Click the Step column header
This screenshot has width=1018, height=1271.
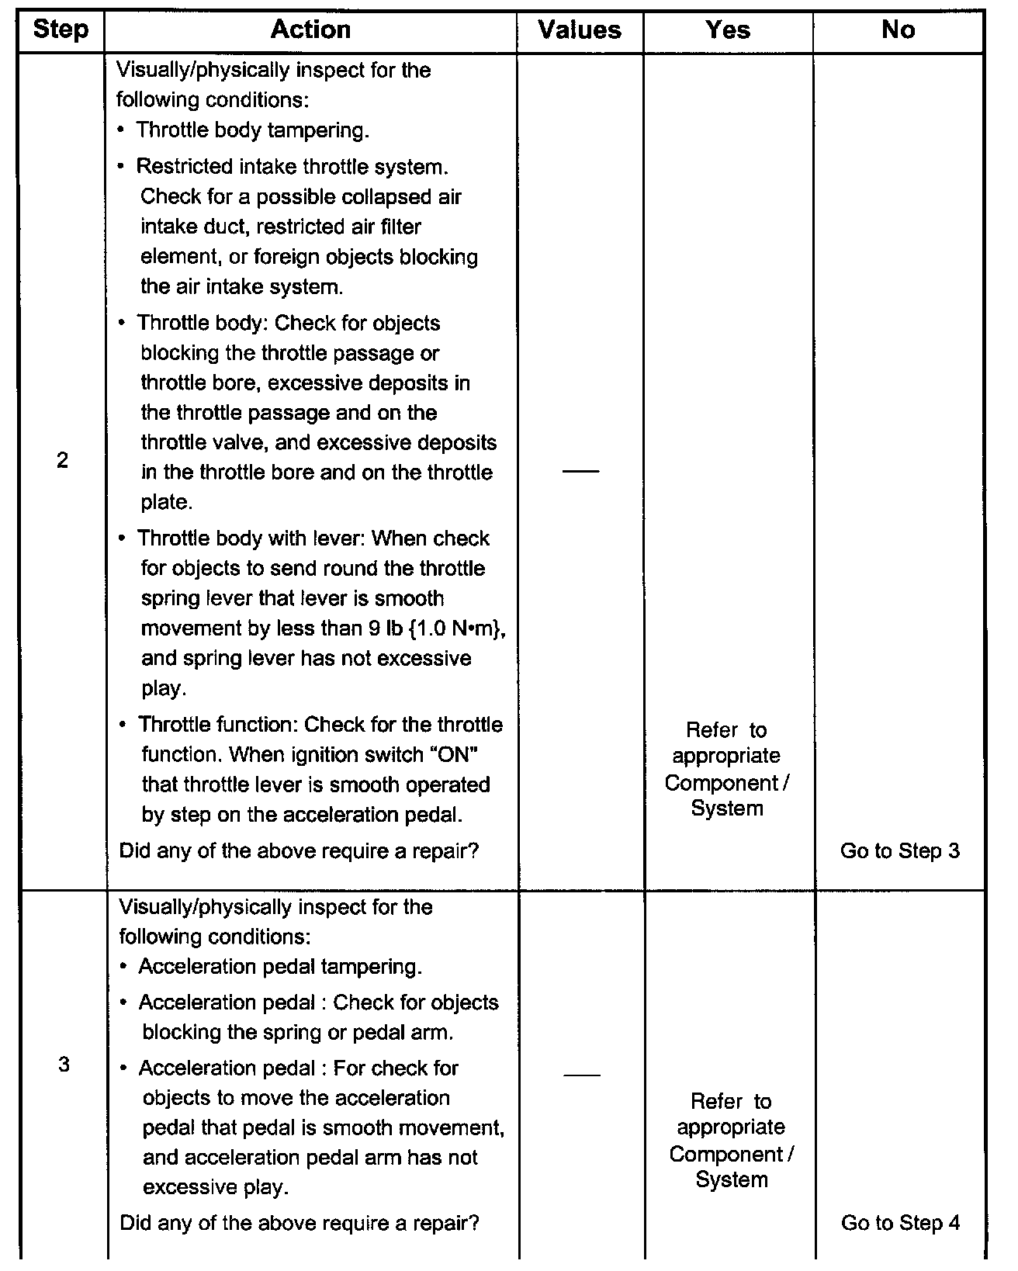click(61, 31)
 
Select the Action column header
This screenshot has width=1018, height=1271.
click(310, 30)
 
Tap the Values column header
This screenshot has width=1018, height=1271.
click(580, 30)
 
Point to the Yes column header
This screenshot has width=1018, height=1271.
click(728, 30)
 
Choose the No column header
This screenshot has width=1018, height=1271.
click(898, 30)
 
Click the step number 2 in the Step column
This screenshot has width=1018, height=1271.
click(62, 460)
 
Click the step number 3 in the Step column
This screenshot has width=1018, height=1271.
click(64, 1065)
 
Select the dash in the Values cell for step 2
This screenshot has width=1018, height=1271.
click(580, 472)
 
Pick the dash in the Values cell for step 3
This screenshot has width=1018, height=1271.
click(582, 1075)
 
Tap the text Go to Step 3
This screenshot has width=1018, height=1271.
click(900, 850)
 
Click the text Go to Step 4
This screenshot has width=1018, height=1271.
click(900, 1223)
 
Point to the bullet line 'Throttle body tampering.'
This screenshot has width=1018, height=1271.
click(252, 130)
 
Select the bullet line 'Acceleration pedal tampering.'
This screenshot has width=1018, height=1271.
click(280, 967)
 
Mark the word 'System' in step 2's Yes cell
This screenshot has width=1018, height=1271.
click(727, 809)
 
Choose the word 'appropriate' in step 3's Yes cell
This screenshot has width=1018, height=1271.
click(731, 1127)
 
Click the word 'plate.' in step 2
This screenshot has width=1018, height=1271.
click(167, 502)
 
